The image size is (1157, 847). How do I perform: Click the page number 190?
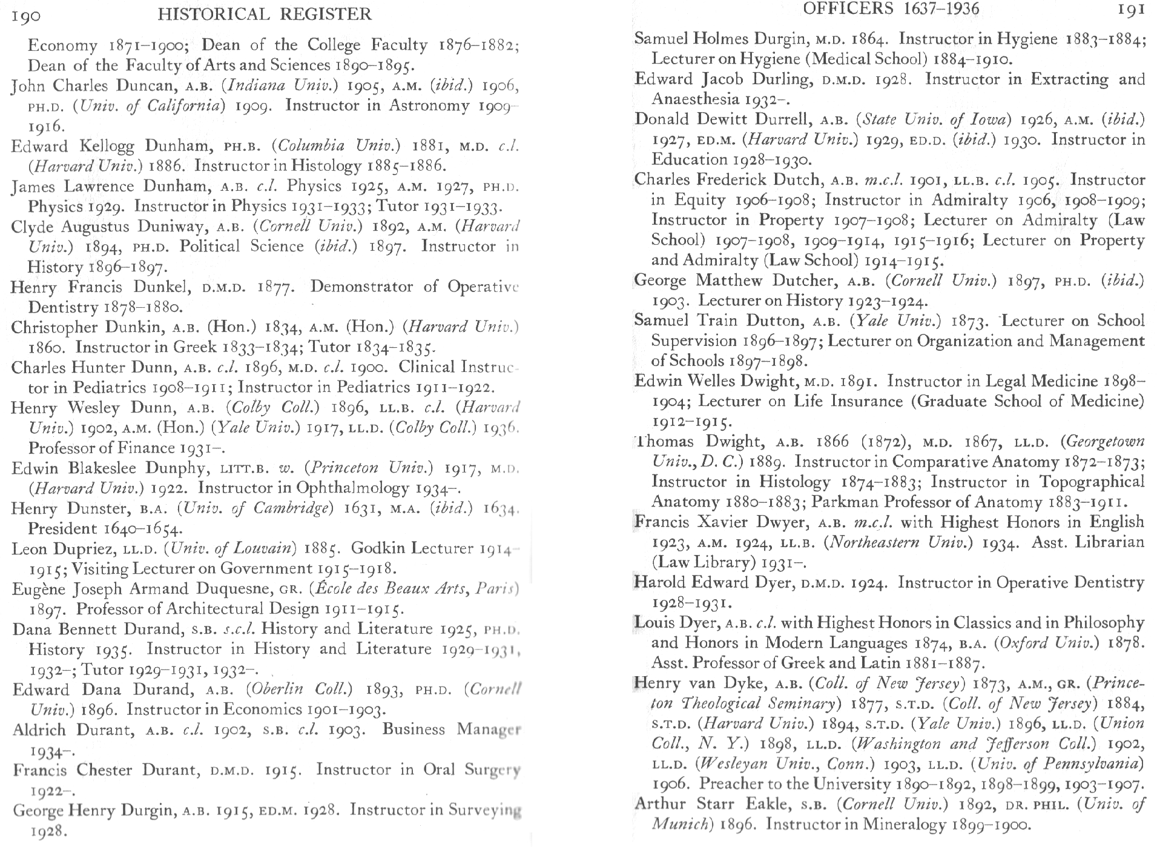(x=26, y=15)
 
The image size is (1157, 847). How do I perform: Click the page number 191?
(x=1130, y=10)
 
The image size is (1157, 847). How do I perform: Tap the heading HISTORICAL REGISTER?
(x=265, y=14)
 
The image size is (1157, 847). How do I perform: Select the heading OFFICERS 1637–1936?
(x=891, y=8)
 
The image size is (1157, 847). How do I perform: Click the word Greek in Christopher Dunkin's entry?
(x=194, y=347)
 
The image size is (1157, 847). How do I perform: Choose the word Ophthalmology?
(x=352, y=488)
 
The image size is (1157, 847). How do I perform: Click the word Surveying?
(x=484, y=810)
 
